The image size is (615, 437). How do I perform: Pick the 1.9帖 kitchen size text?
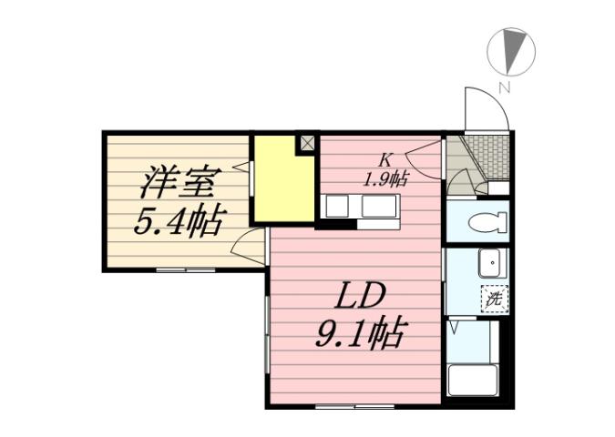(x=385, y=178)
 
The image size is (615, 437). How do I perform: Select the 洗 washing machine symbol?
(x=492, y=297)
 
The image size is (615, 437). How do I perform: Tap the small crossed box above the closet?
(x=306, y=143)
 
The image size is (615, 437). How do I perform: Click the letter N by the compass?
(x=502, y=87)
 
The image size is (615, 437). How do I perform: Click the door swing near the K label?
(x=426, y=150)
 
